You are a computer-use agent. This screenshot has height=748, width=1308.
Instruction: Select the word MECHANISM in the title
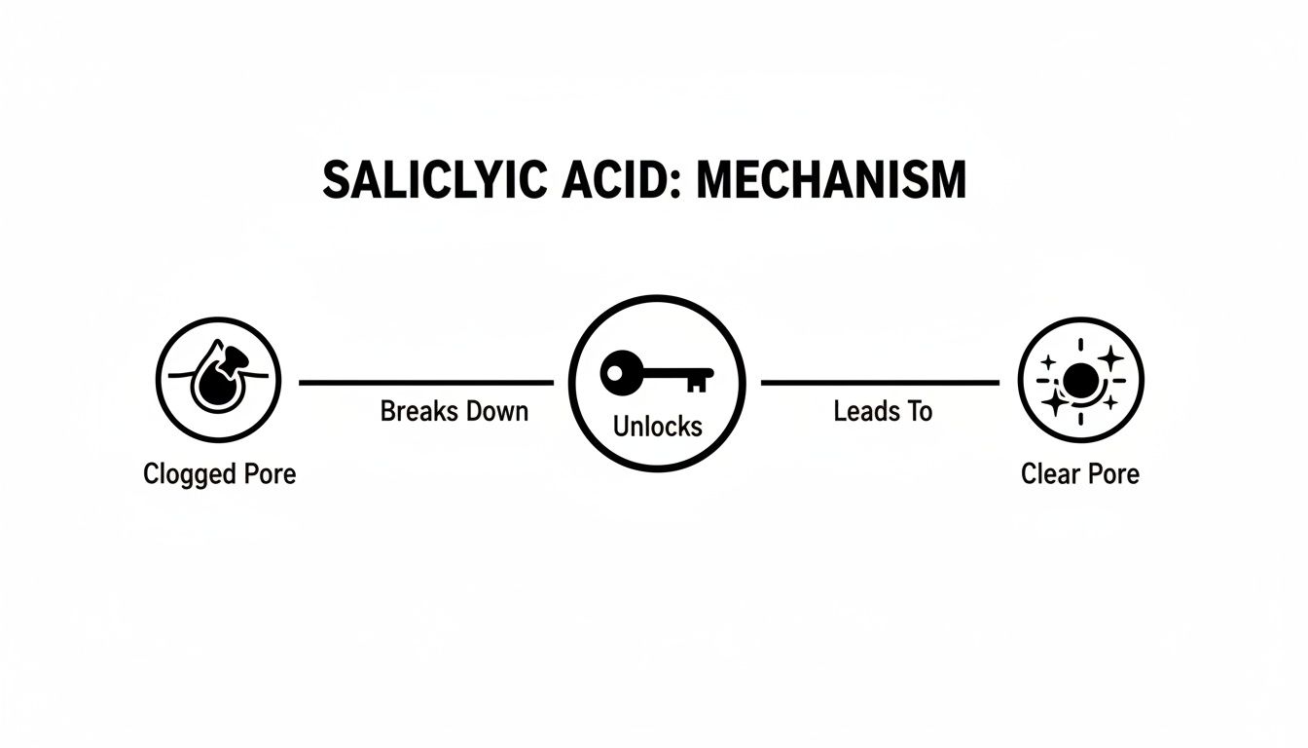(832, 181)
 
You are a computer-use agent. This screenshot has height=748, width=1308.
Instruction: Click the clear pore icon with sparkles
(1080, 379)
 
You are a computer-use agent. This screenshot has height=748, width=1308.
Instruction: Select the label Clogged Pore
(219, 474)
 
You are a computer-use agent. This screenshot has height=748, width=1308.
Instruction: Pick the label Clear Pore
(1080, 474)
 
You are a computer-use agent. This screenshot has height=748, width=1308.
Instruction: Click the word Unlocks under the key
(657, 426)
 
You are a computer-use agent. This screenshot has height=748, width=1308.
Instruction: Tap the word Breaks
(417, 411)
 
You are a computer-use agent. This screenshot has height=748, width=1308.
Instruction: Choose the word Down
(494, 411)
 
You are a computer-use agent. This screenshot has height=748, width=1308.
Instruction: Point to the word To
(920, 411)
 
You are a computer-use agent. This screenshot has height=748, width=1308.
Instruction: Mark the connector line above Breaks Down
(426, 383)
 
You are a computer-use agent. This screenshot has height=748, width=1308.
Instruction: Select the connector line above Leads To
(880, 383)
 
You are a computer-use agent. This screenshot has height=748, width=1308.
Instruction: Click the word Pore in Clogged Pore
(269, 474)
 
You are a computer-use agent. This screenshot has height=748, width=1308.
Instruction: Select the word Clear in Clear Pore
(1046, 474)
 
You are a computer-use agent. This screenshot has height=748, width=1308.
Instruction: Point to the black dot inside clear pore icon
(1080, 378)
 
